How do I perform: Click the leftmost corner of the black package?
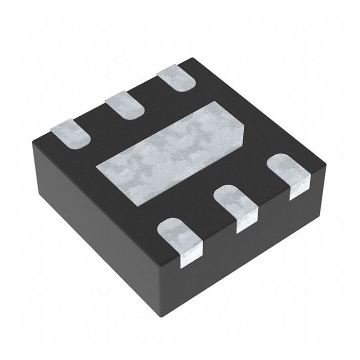click(31, 136)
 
